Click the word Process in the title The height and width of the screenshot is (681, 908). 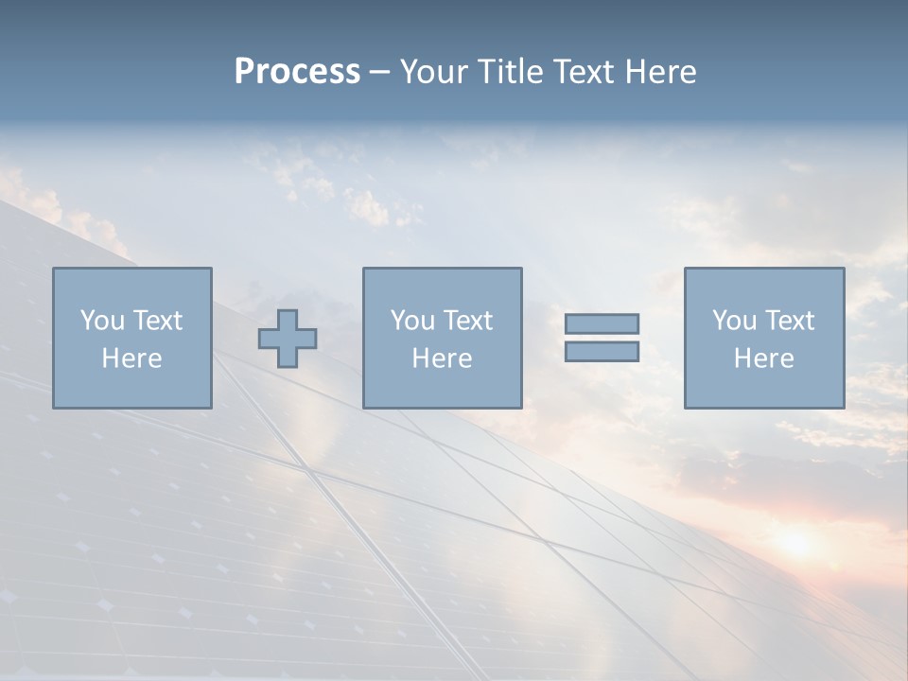(297, 72)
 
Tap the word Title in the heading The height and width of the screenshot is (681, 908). (512, 72)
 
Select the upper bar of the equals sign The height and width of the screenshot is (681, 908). (602, 324)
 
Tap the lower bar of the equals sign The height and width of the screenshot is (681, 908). (602, 352)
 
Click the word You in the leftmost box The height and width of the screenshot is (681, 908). (100, 321)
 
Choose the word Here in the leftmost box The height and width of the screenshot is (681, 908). (131, 358)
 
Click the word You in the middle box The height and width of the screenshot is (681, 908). (411, 321)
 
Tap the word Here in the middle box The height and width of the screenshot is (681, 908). (442, 358)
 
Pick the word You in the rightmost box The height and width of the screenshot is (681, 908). (733, 321)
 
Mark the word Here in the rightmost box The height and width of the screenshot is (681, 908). (763, 358)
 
